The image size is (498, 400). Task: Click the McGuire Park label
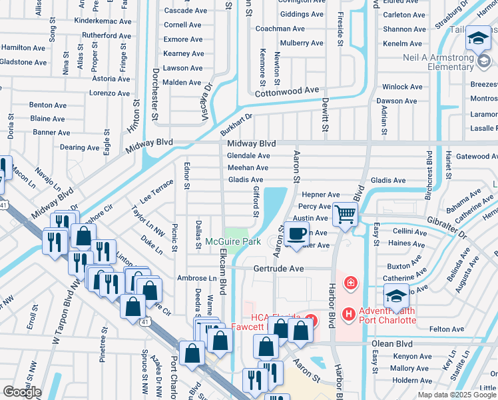pyautogui.click(x=232, y=241)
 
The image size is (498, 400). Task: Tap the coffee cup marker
pyautogui.click(x=297, y=233)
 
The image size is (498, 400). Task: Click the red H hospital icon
pyautogui.click(x=348, y=313)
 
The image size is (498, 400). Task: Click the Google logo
pyautogui.click(x=22, y=392)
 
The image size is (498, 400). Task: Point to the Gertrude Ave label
pyautogui.click(x=278, y=269)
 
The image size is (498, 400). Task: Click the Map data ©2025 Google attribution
pyautogui.click(x=457, y=395)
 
